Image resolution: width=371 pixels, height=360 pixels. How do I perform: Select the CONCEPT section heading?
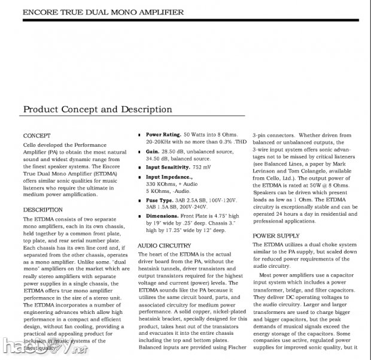[37, 135]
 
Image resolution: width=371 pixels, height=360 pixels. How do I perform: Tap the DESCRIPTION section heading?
[42, 210]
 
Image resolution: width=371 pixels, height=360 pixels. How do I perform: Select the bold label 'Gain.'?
[153, 152]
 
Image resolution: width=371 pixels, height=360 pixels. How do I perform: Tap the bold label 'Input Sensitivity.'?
[171, 168]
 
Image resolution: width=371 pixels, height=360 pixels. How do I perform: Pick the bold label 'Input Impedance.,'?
[170, 177]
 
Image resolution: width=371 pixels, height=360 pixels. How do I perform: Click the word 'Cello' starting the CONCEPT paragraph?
[31, 146]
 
